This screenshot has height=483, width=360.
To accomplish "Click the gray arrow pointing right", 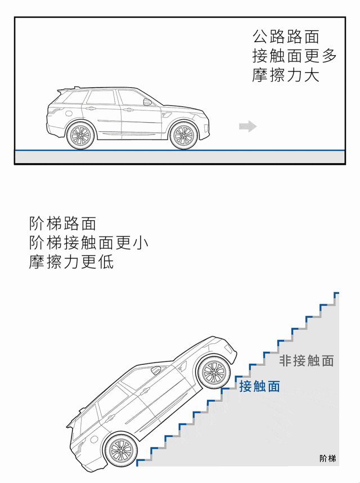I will point(247,127).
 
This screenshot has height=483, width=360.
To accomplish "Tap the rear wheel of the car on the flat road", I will point(80,135).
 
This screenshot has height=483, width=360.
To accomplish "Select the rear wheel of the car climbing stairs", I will point(120,449).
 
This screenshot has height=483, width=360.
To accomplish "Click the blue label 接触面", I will point(259,386).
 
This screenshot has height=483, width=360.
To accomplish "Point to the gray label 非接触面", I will point(307,360).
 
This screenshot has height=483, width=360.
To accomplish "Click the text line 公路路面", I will point(286,37).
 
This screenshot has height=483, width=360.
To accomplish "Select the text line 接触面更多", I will point(294,56).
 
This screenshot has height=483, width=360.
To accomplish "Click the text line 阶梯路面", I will point(62,223).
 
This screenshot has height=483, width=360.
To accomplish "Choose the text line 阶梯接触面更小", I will point(89,243).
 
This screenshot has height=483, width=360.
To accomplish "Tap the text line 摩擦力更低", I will point(71,262).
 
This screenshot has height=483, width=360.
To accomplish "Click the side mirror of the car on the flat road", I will point(147,102).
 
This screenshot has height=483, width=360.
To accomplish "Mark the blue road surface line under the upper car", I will point(180,150).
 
